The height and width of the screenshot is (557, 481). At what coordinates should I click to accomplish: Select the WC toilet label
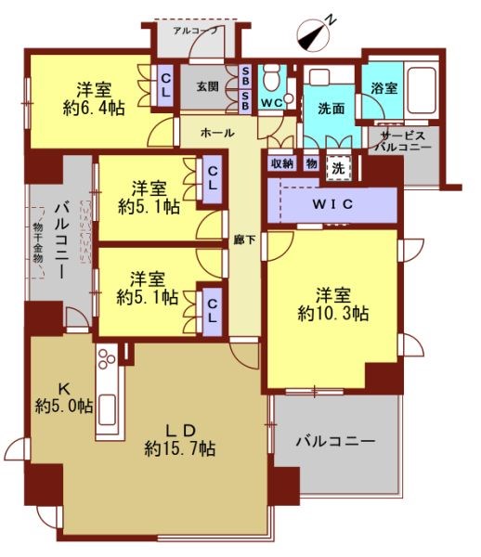coord(272,102)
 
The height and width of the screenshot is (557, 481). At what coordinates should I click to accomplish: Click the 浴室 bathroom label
coord(383,88)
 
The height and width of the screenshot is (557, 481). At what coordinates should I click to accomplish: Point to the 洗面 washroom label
coord(330,109)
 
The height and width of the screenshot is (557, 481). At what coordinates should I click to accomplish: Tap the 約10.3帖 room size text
coord(333,314)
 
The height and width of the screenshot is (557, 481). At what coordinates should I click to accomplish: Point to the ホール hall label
coord(216,134)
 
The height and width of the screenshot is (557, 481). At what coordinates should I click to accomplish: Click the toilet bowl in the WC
coord(272,78)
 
